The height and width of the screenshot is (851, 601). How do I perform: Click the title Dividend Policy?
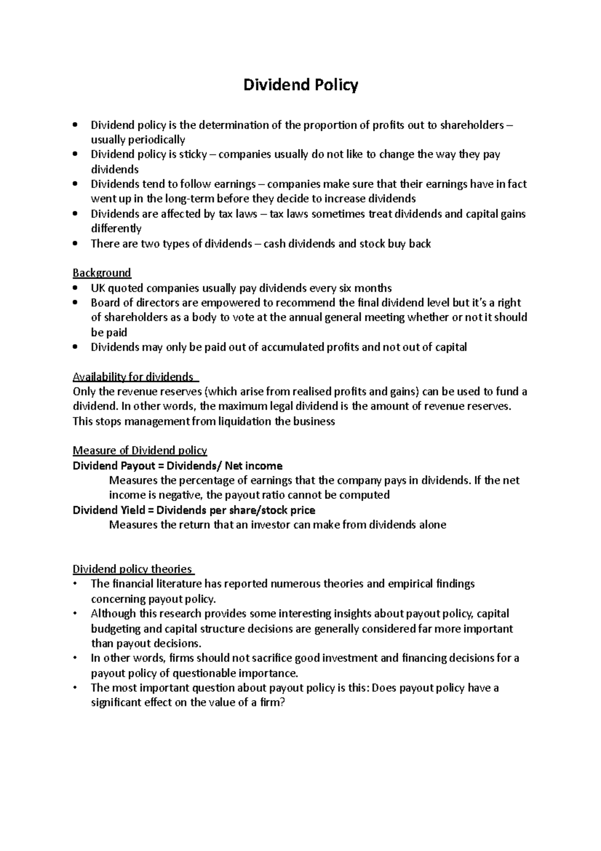[x=300, y=85]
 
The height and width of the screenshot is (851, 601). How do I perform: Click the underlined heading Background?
[x=102, y=273]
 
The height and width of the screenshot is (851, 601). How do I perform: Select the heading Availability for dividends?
[x=133, y=377]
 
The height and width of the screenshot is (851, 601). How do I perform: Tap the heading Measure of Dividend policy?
[x=140, y=451]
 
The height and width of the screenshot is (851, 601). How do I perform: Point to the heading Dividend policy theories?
[x=132, y=569]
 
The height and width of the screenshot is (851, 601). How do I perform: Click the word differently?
[x=116, y=229]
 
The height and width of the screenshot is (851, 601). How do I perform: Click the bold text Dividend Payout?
[x=114, y=466]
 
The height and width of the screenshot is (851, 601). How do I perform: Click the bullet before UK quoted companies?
[x=75, y=289]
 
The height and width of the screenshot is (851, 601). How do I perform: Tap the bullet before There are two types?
[x=75, y=244]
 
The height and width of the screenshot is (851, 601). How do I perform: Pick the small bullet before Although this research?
[x=75, y=613]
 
